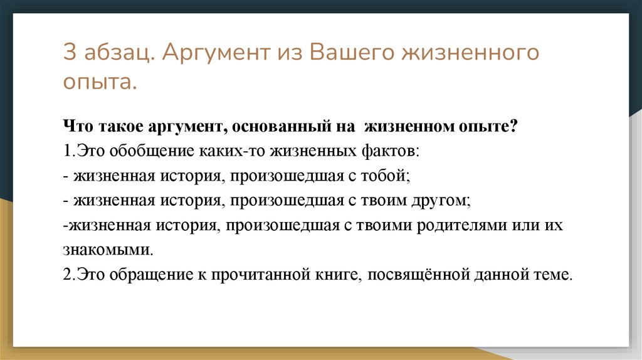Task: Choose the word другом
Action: coord(440,201)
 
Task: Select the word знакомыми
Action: coord(107,250)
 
